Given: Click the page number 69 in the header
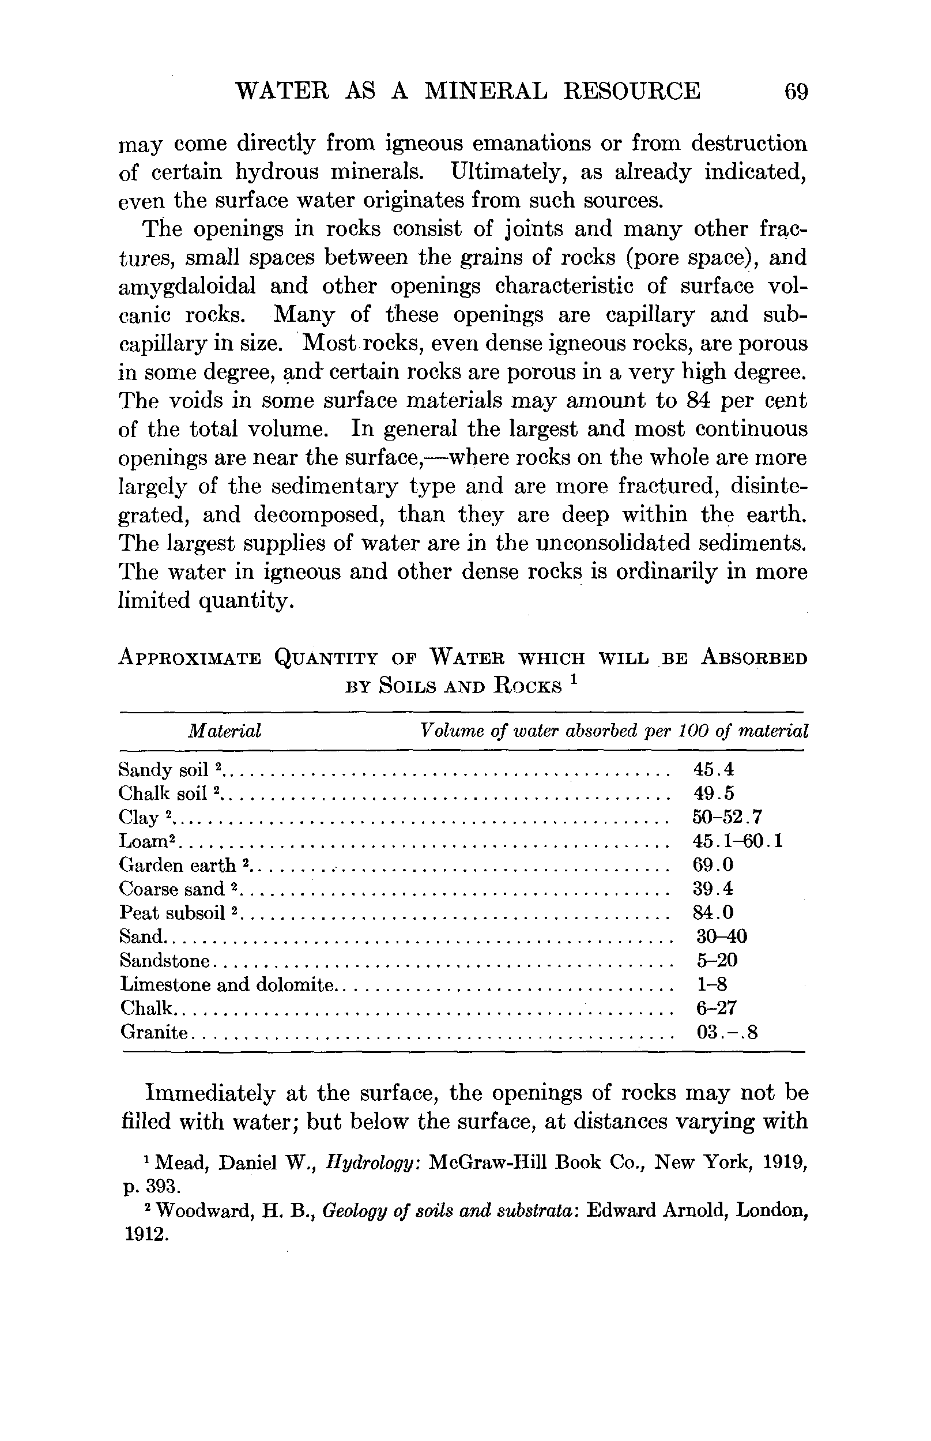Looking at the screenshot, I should (796, 91).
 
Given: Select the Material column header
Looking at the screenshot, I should (224, 732).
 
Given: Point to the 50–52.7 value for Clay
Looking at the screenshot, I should (728, 817).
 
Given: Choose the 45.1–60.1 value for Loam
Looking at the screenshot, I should (737, 841).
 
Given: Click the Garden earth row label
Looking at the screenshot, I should (178, 866).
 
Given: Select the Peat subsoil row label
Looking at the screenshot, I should (173, 912).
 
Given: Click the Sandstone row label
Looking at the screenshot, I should (165, 960).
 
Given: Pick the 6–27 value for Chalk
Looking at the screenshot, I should (717, 1008).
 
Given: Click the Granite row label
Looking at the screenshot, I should (154, 1032).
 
